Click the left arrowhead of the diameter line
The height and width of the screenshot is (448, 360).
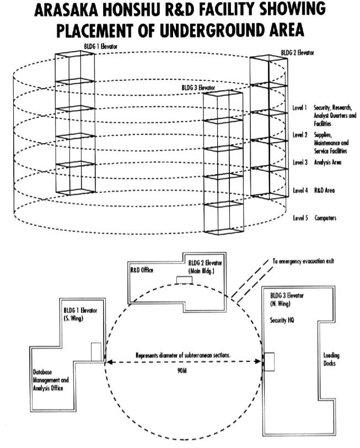(109, 362)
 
